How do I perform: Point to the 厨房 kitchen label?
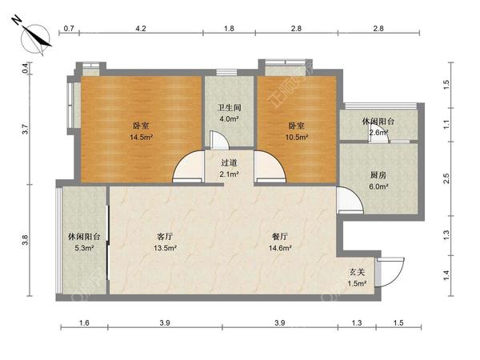pyautogui.click(x=377, y=175)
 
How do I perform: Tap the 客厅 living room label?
pyautogui.click(x=165, y=237)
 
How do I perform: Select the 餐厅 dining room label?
pyautogui.click(x=280, y=237)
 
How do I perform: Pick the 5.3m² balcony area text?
pyautogui.click(x=83, y=248)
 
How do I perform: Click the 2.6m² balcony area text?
pyautogui.click(x=378, y=133)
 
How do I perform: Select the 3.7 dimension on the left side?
pyautogui.click(x=26, y=127)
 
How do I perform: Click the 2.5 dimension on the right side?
pyautogui.click(x=447, y=178)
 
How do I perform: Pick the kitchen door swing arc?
pyautogui.click(x=350, y=201)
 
